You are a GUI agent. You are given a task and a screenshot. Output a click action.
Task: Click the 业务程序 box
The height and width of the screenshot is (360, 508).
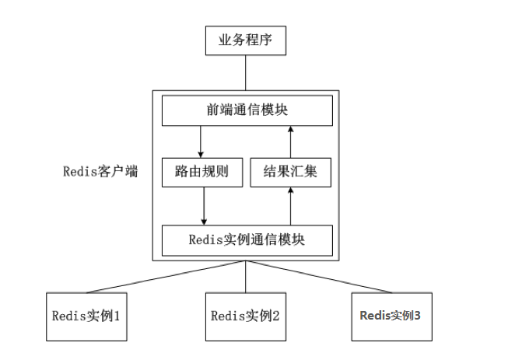pyautogui.click(x=245, y=40)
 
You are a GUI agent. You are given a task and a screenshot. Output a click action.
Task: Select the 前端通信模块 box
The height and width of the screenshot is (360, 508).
pyautogui.click(x=247, y=111)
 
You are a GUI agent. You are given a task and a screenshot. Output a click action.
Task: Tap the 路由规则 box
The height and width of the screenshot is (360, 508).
pyautogui.click(x=202, y=173)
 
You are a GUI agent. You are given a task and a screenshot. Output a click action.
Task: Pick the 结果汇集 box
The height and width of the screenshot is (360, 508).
pyautogui.click(x=290, y=173)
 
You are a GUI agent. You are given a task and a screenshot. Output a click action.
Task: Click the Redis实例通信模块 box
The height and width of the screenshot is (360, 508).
pyautogui.click(x=247, y=239)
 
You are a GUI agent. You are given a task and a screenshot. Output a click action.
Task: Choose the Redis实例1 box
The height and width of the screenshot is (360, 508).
pyautogui.click(x=86, y=316)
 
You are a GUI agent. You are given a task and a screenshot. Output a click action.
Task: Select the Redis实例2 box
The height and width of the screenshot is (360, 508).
pyautogui.click(x=245, y=316)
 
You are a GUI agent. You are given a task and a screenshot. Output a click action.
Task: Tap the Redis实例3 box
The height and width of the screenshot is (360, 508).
pyautogui.click(x=391, y=316)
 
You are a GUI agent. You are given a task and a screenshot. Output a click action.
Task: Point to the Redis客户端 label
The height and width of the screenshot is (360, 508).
pyautogui.click(x=100, y=172)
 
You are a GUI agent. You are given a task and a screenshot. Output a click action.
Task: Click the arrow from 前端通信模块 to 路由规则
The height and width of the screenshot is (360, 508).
pyautogui.click(x=201, y=142)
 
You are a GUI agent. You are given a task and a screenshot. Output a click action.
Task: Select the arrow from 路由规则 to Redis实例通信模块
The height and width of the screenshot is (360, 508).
pyautogui.click(x=203, y=205)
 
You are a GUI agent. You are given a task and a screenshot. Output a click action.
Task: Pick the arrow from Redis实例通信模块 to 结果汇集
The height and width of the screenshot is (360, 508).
pyautogui.click(x=290, y=205)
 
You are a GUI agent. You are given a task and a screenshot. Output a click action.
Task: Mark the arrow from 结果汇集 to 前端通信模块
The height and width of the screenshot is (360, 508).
pyautogui.click(x=290, y=142)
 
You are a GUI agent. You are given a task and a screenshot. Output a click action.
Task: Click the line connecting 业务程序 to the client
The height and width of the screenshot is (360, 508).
pyautogui.click(x=245, y=72)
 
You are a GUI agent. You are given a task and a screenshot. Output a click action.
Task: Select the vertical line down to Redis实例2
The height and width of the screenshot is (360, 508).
pyautogui.click(x=246, y=277)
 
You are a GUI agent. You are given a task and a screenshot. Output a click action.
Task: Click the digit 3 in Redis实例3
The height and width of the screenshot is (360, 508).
pyautogui.click(x=418, y=316)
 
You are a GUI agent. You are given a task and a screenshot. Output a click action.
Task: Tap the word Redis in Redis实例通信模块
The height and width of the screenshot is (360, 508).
pyautogui.click(x=205, y=239)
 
